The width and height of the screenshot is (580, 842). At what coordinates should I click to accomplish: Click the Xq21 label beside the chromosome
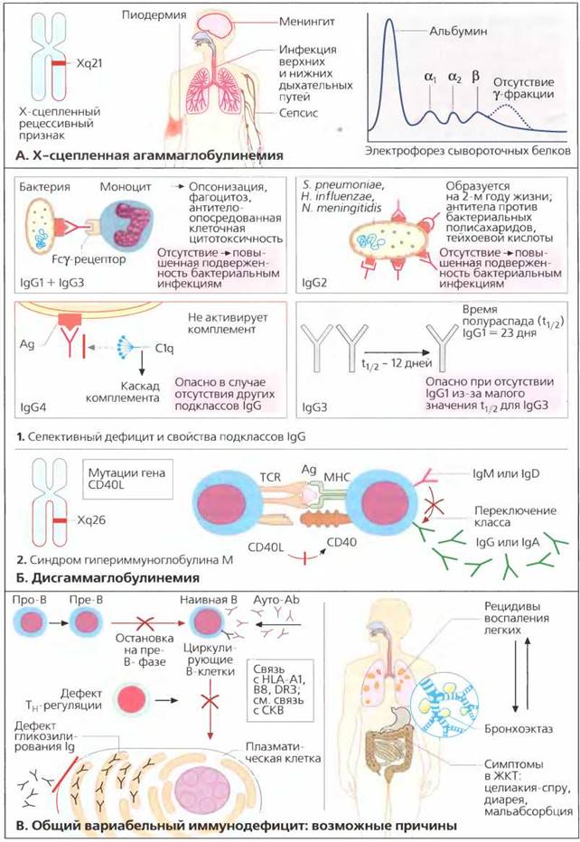pyautogui.click(x=89, y=63)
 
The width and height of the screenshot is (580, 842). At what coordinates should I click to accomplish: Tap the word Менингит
pyautogui.click(x=306, y=22)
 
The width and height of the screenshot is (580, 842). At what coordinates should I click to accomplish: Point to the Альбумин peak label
pyautogui.click(x=458, y=31)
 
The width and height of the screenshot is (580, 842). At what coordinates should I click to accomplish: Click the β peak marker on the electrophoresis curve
pyautogui.click(x=475, y=76)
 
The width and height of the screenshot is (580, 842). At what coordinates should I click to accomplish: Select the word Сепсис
pyautogui.click(x=298, y=113)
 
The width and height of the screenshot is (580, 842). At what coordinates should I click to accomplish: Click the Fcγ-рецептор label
pyautogui.click(x=89, y=259)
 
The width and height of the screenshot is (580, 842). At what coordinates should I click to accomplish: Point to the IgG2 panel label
pyautogui.click(x=314, y=283)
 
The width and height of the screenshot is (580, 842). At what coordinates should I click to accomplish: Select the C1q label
pyautogui.click(x=164, y=349)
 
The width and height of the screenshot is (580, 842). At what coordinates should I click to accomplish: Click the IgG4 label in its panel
pyautogui.click(x=33, y=407)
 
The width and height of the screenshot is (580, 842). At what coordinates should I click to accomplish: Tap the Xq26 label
pyautogui.click(x=91, y=519)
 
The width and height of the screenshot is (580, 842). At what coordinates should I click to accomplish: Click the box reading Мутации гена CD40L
pyautogui.click(x=127, y=479)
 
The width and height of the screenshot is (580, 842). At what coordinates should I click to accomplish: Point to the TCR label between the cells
pyautogui.click(x=271, y=477)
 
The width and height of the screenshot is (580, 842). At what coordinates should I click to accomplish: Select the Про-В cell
pyautogui.click(x=30, y=622)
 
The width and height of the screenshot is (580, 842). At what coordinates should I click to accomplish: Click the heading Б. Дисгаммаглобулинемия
pyautogui.click(x=108, y=578)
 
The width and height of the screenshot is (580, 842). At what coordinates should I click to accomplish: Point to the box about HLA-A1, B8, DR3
pyautogui.click(x=281, y=689)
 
